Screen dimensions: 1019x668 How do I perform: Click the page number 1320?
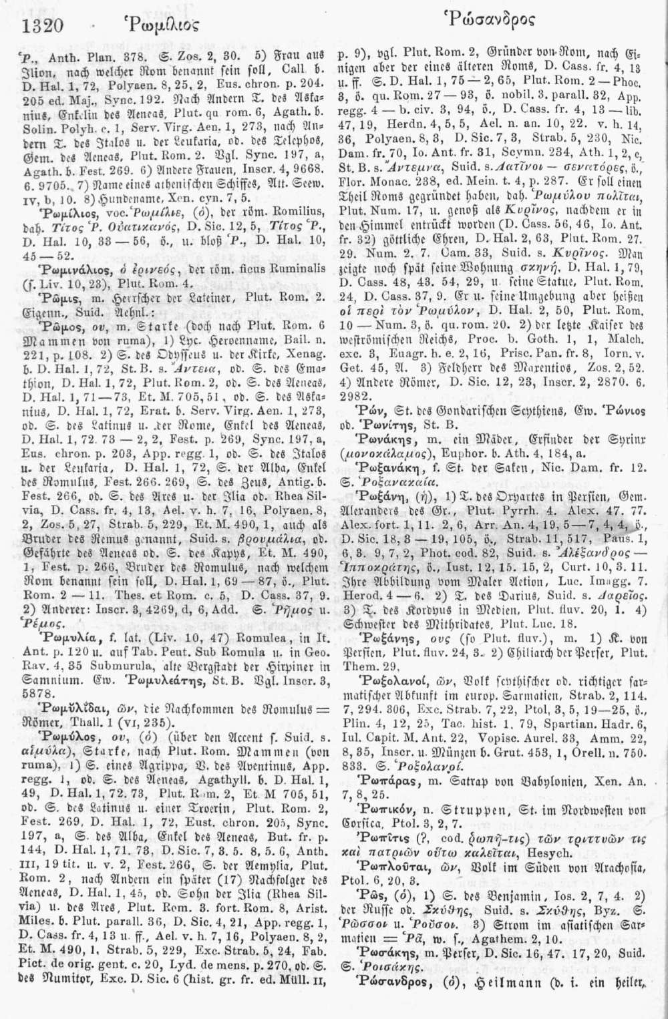[42, 25]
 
